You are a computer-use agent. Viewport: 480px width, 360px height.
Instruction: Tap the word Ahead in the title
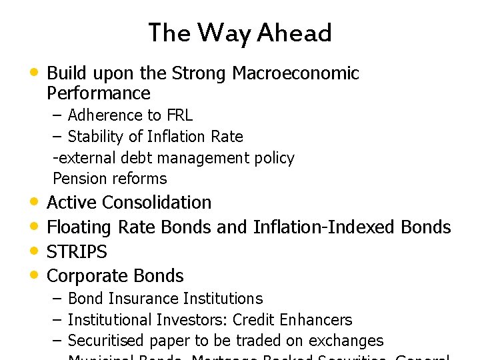(295, 33)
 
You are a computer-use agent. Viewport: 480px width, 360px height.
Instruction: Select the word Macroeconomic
(295, 73)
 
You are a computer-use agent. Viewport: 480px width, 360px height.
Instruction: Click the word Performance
(99, 93)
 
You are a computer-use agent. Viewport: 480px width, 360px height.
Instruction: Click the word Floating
(80, 227)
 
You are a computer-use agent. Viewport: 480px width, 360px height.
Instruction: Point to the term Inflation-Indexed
(325, 227)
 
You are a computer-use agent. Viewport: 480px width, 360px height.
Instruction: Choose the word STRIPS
(77, 252)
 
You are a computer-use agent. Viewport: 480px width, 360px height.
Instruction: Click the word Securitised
(106, 341)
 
